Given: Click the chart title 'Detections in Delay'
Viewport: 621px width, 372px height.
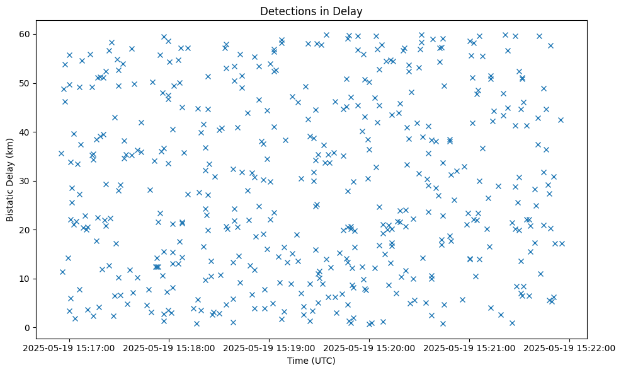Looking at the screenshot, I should point(311,11).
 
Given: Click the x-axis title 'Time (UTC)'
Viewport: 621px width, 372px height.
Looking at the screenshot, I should point(311,361).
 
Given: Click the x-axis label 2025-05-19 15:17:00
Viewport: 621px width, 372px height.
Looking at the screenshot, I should point(69,348).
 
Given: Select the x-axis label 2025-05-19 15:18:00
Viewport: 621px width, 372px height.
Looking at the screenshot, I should point(169,348).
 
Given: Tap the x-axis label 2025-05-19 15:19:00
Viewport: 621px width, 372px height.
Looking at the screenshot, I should point(270,348).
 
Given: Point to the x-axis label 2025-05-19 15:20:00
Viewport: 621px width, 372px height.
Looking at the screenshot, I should point(369,348).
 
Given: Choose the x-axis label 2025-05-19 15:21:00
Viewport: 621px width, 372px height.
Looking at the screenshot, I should point(469,348).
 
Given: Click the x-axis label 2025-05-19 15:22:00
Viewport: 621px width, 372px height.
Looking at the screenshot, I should point(569,348).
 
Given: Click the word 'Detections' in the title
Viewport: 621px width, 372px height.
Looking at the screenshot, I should point(284,11).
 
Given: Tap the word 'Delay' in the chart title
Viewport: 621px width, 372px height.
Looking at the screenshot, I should point(350,11).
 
